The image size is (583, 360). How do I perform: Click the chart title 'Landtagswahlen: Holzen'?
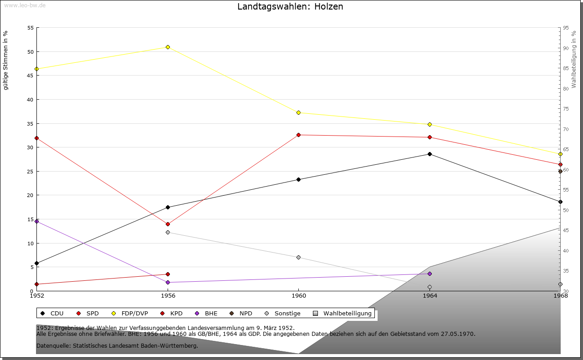(x=290, y=7)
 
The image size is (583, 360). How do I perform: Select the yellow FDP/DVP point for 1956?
(x=168, y=47)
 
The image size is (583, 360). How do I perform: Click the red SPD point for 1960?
(x=298, y=135)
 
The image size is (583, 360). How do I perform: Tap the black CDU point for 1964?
(x=430, y=154)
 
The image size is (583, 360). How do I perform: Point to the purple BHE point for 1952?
(x=37, y=221)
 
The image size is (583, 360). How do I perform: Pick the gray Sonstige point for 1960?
(x=298, y=257)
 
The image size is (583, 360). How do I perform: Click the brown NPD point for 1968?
(x=560, y=171)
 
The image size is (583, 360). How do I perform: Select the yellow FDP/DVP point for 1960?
(x=298, y=112)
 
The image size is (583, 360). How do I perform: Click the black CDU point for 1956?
(x=168, y=207)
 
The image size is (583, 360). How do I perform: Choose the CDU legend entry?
(x=52, y=314)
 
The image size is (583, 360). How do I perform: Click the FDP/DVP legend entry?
(x=130, y=314)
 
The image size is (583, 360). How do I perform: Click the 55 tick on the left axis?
(x=31, y=28)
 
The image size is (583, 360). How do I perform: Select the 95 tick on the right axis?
(x=565, y=28)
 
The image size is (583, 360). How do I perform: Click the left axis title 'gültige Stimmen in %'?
(x=6, y=60)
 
